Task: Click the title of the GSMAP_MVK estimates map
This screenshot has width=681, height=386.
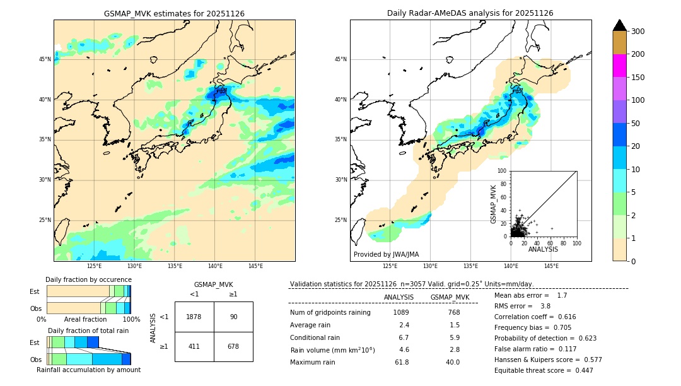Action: (x=174, y=13)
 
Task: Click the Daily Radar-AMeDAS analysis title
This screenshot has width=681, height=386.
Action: (x=470, y=13)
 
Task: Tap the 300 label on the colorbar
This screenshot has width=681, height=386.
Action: (x=639, y=32)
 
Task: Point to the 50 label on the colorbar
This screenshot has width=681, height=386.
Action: (x=636, y=124)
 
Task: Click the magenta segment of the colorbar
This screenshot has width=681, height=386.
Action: (x=619, y=66)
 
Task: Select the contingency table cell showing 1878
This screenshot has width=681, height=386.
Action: (x=194, y=317)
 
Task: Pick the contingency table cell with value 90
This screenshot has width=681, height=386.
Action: (x=233, y=317)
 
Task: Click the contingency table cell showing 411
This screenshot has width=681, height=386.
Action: (x=194, y=346)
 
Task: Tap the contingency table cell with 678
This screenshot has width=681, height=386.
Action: (x=233, y=346)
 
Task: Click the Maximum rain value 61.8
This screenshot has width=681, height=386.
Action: (x=402, y=362)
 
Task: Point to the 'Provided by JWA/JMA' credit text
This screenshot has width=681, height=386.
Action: (x=386, y=255)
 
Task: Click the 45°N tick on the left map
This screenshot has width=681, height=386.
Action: (x=45, y=59)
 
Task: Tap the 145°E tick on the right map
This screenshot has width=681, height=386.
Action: (x=551, y=266)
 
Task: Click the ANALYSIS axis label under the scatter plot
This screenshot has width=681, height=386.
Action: (x=543, y=250)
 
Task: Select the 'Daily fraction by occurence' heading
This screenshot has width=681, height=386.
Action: (x=88, y=279)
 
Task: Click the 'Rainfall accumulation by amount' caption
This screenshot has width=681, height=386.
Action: (x=88, y=370)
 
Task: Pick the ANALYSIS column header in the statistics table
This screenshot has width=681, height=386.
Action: (x=399, y=297)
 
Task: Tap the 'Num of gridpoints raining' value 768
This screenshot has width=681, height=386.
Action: (x=453, y=312)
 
